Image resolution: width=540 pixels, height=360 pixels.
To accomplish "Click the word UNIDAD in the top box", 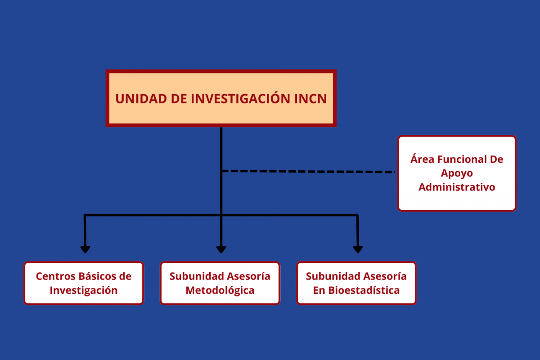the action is (x=141, y=99).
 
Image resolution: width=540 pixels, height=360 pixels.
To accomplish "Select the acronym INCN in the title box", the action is (x=310, y=99).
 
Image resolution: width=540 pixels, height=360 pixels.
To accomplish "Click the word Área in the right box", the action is (x=423, y=158).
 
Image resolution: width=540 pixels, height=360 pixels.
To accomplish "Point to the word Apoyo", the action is (x=457, y=174).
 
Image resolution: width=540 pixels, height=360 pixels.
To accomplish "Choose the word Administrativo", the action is (x=457, y=187).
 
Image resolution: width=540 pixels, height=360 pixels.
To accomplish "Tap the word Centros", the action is (x=56, y=276).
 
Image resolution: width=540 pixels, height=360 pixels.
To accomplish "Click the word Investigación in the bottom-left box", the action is (x=84, y=290).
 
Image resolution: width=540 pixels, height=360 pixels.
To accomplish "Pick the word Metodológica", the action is (x=220, y=290).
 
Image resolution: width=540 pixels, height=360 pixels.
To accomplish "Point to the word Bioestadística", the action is (x=364, y=290).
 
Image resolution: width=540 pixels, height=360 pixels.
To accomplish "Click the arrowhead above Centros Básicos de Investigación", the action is (x=85, y=249).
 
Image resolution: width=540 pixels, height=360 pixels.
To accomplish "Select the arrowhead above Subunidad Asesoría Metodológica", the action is (x=221, y=249).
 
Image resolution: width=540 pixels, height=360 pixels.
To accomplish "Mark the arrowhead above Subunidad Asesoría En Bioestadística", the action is (x=358, y=249).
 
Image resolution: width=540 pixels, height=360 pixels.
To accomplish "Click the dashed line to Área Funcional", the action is (x=308, y=171).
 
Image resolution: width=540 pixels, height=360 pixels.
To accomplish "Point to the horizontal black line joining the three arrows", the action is (x=221, y=215).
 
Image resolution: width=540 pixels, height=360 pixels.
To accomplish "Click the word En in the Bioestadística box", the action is (x=319, y=290).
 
